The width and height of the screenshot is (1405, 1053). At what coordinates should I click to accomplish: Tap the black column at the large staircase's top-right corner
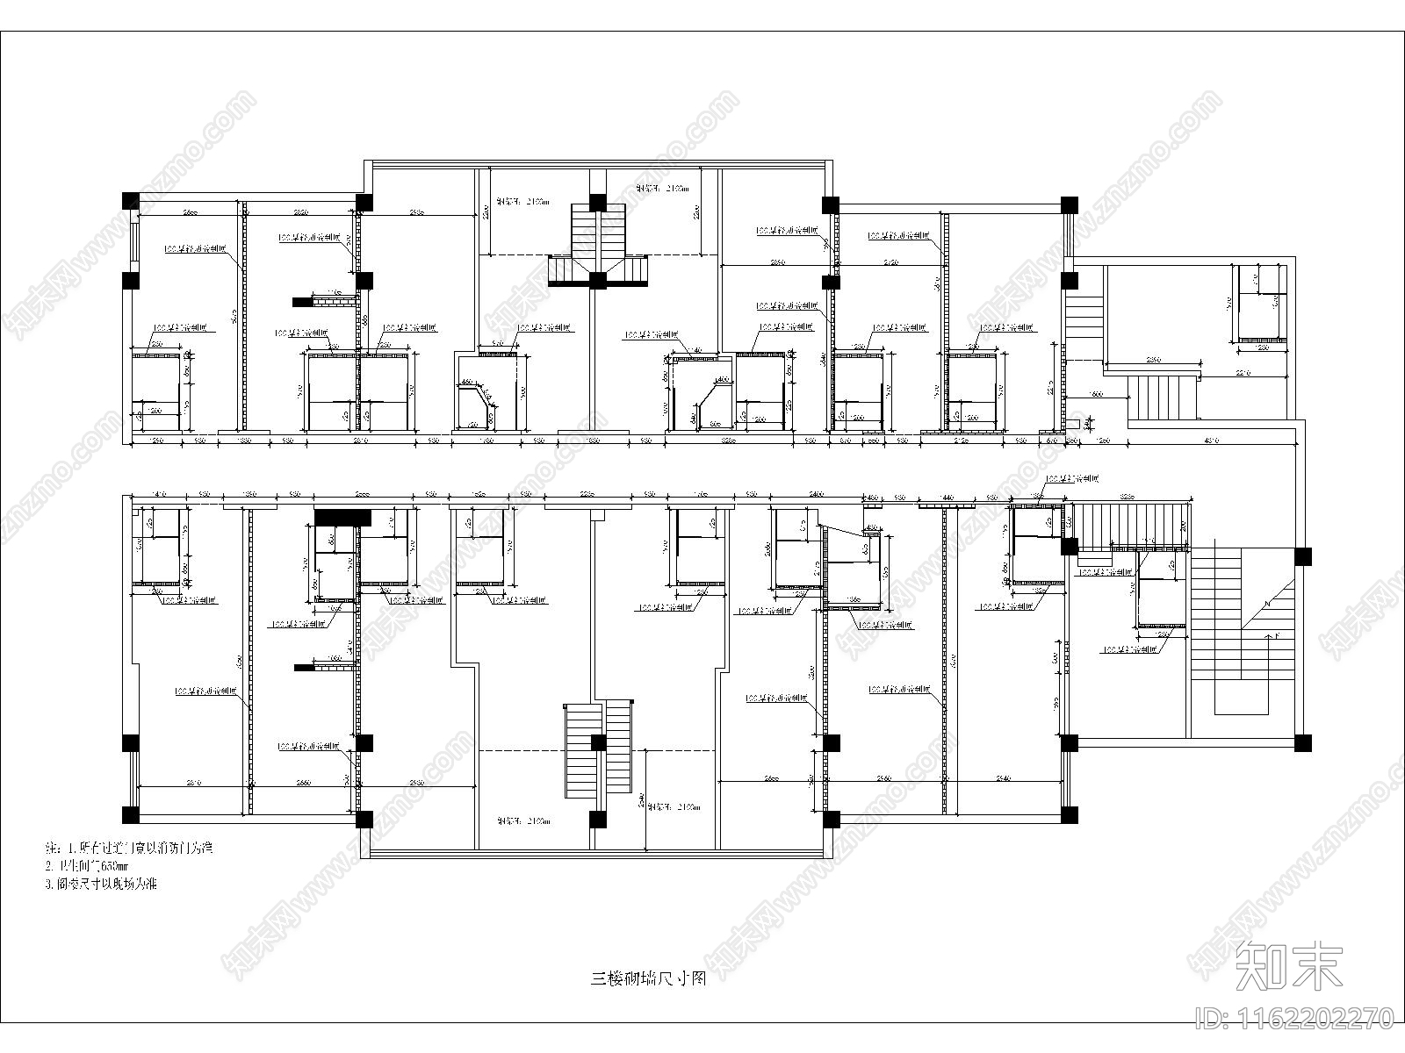(1303, 555)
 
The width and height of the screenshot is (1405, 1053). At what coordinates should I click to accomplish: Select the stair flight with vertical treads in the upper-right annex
(1161, 397)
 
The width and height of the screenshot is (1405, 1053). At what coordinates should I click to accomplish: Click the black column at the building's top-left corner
(129, 199)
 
